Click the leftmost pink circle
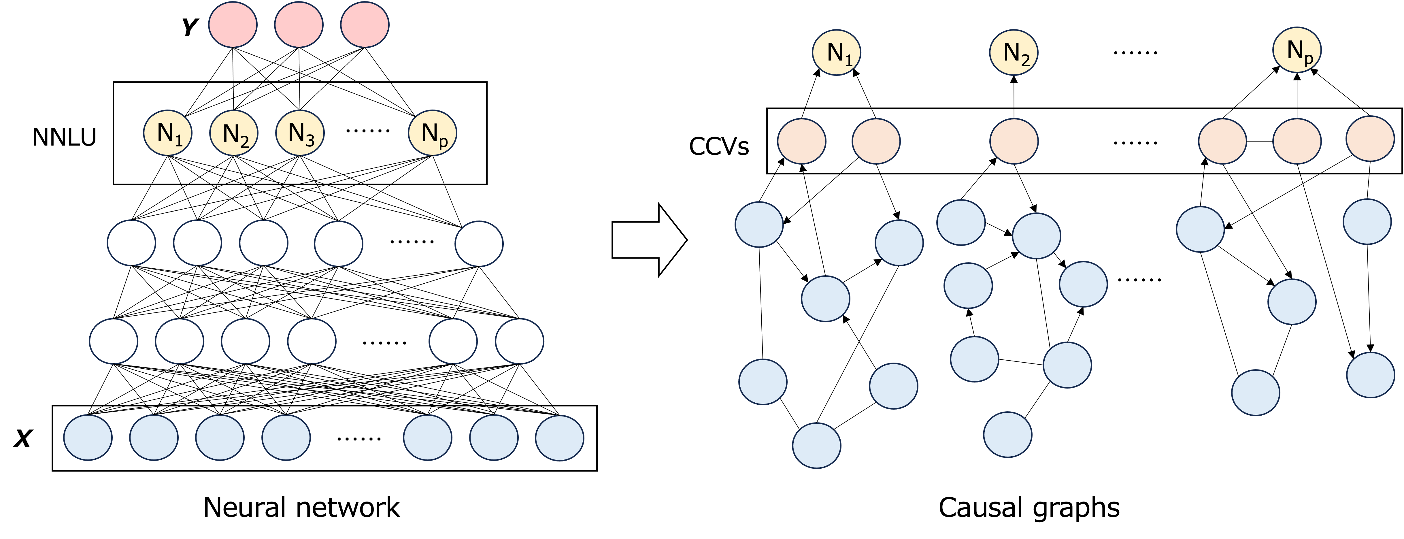click(233, 24)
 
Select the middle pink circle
click(299, 24)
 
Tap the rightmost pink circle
click(365, 24)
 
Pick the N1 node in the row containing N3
click(168, 133)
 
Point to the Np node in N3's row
click(432, 133)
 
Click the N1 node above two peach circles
click(837, 52)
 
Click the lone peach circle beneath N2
click(1014, 141)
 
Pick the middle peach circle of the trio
click(1297, 141)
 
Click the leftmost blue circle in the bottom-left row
click(88, 438)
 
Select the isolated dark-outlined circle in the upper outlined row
click(479, 244)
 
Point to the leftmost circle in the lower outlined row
click(113, 341)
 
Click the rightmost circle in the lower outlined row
click(519, 341)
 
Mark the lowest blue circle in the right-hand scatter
click(816, 446)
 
